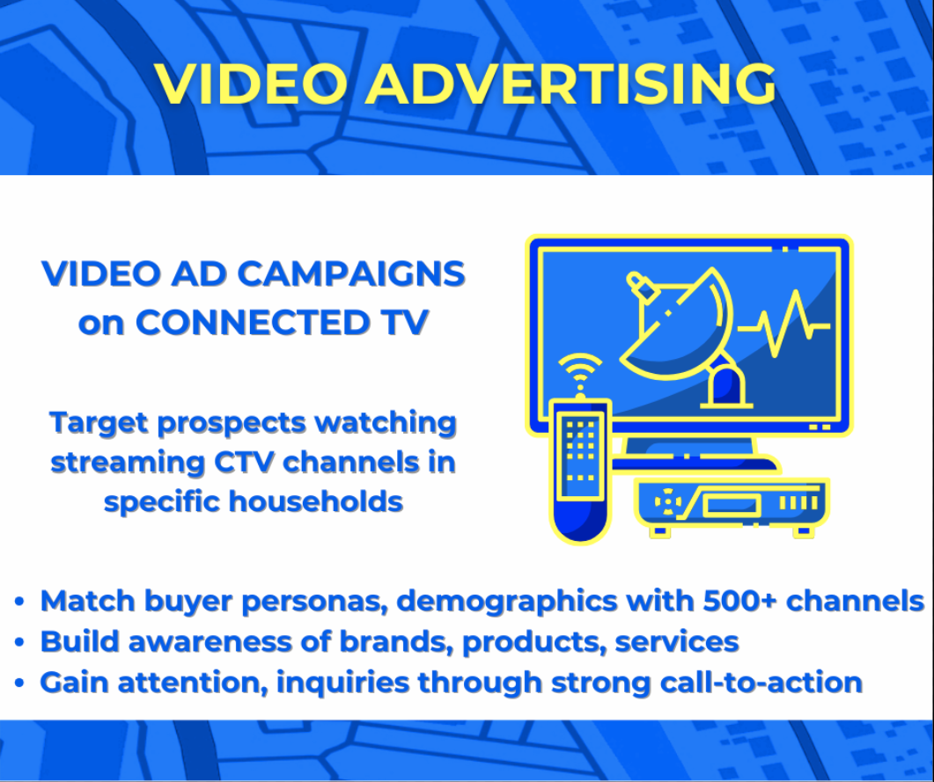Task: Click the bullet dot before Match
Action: point(18,603)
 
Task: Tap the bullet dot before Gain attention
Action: point(18,683)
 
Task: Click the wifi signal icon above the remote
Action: point(579,369)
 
